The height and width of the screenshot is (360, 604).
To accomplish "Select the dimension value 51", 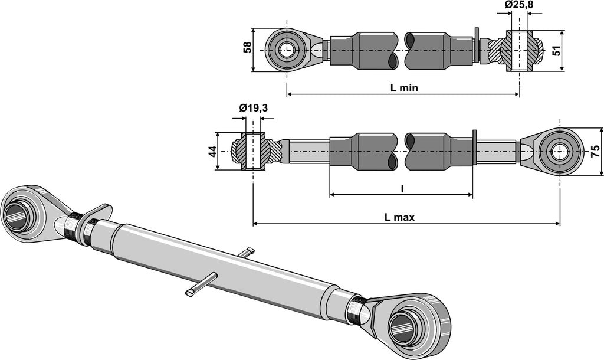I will coord(555,51).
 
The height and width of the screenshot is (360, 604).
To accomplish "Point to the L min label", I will coord(404,88).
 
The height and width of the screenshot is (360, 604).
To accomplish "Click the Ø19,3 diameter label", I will coord(254,108).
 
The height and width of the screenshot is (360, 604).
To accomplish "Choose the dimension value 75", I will coord(596,152).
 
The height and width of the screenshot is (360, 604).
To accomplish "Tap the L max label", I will coord(399,217).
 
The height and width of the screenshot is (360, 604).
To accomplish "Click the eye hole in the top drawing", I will coord(287,50).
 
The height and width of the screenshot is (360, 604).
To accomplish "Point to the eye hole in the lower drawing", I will coord(559,152).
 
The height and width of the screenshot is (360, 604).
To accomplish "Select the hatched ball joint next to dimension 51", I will coord(520,51).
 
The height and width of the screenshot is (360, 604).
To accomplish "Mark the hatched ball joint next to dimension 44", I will coord(252,152).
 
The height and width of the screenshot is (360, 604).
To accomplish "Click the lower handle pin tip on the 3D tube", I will coord(191,292).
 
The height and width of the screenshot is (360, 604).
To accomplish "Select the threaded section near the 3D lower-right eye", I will coord(355,309).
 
